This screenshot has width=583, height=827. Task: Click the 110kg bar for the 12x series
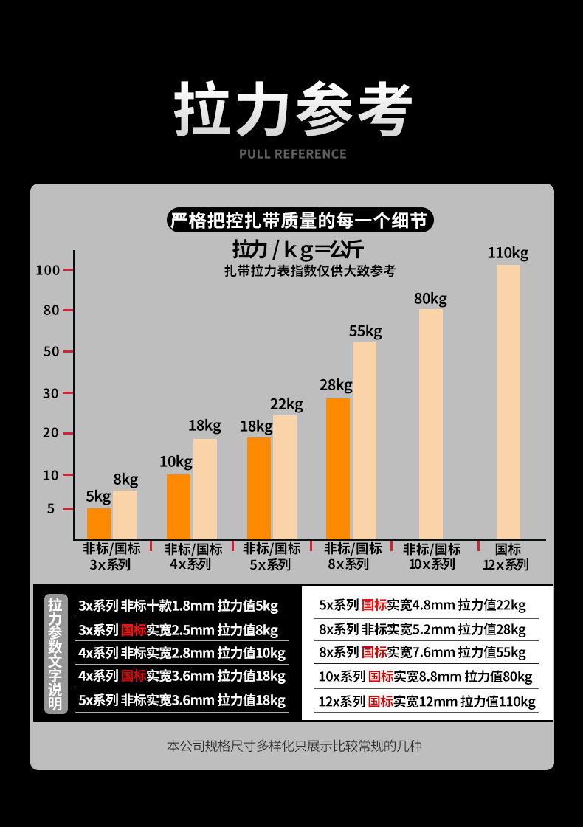(x=508, y=402)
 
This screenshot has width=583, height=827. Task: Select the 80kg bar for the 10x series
(x=431, y=424)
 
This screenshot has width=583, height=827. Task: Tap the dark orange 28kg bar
(x=338, y=468)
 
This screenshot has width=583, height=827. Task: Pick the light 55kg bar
(x=364, y=440)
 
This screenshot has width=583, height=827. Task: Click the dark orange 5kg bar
(x=99, y=523)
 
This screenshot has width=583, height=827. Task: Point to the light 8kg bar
(x=125, y=514)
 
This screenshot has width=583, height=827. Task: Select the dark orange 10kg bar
(x=179, y=506)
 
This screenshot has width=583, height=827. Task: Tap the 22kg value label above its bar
(x=286, y=404)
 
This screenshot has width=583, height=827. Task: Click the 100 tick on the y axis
(x=48, y=269)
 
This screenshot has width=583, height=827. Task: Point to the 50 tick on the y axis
(x=51, y=351)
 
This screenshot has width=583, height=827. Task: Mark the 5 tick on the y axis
(x=52, y=508)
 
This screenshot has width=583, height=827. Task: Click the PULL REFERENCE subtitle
(x=292, y=153)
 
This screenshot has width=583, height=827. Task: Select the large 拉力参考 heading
(x=292, y=111)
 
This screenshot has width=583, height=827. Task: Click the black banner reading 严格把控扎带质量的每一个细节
(x=298, y=220)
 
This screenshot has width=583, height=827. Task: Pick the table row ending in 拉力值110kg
(x=427, y=702)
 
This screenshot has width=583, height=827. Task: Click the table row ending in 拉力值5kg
(x=179, y=606)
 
